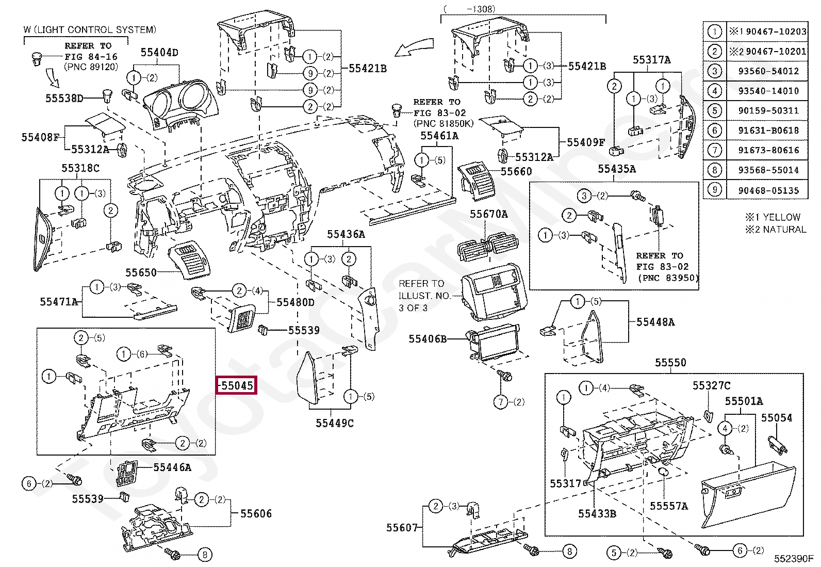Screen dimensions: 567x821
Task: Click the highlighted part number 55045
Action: pyautogui.click(x=237, y=385)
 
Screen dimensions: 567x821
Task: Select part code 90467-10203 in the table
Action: pyautogui.click(x=776, y=31)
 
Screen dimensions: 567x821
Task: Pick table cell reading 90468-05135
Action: pyautogui.click(x=768, y=190)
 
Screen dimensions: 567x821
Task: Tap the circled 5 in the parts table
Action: pyautogui.click(x=714, y=110)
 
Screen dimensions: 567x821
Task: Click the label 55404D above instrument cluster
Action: pyautogui.click(x=159, y=52)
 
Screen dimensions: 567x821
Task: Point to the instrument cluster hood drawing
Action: pyautogui.click(x=180, y=103)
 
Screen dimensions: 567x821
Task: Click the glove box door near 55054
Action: pyautogui.click(x=748, y=495)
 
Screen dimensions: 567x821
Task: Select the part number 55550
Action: pyautogui.click(x=670, y=363)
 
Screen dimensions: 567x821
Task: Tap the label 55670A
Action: pyautogui.click(x=488, y=214)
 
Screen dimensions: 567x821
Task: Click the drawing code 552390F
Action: pyautogui.click(x=793, y=559)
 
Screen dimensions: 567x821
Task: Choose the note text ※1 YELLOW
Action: pyautogui.click(x=773, y=217)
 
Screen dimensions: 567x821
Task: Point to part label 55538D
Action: pyautogui.click(x=64, y=98)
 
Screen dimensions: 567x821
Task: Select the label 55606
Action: pyautogui.click(x=256, y=513)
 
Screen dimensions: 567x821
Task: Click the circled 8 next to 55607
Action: pyautogui.click(x=569, y=552)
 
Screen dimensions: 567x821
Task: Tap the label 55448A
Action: pyautogui.click(x=655, y=322)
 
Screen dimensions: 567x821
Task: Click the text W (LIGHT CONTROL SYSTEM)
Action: pyautogui.click(x=89, y=30)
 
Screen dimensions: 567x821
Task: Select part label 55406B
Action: pyautogui.click(x=428, y=339)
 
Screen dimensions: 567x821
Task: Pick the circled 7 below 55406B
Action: pyautogui.click(x=501, y=402)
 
